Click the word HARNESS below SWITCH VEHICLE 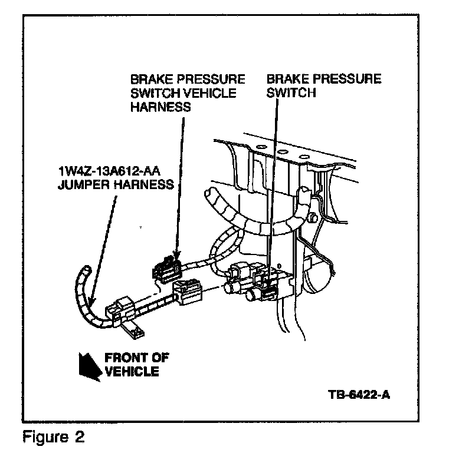(160, 107)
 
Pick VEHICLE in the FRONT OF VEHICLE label (132, 371)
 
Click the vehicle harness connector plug (167, 269)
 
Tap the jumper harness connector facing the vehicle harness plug (188, 291)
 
